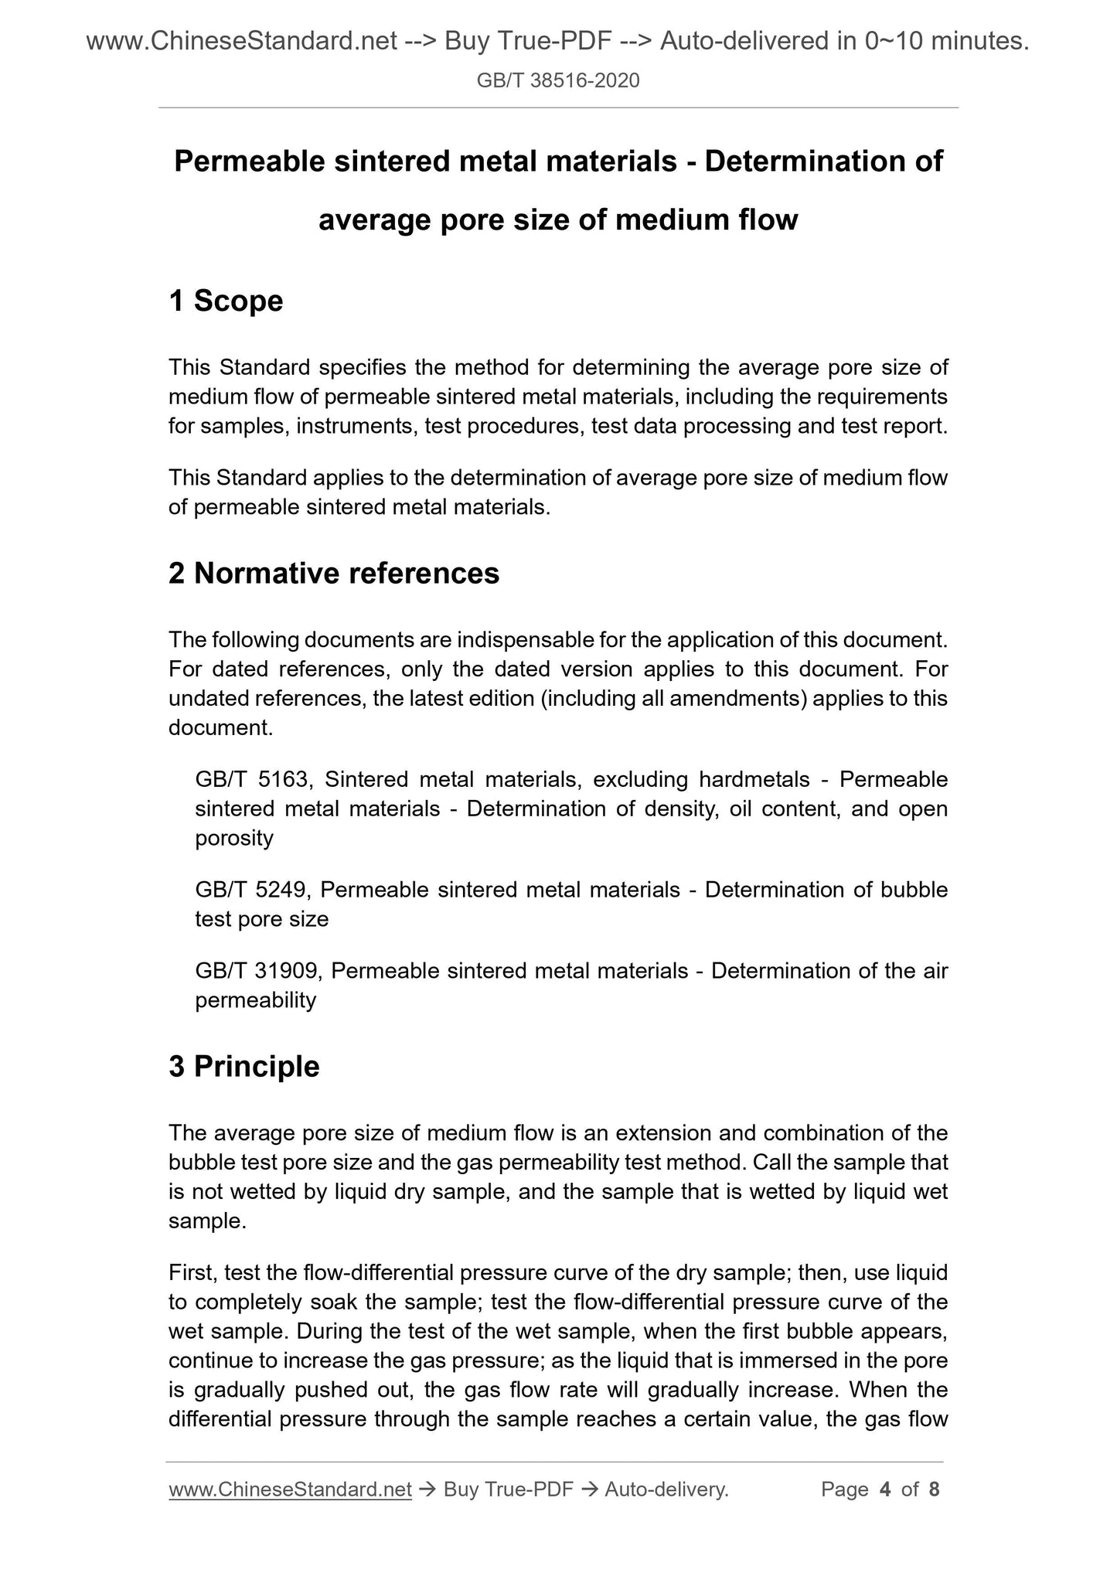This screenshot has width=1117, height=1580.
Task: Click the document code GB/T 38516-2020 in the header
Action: (558, 80)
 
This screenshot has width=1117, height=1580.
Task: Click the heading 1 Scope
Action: (226, 301)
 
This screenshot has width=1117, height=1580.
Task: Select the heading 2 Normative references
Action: (334, 574)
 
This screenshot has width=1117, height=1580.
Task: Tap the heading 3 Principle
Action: (243, 1066)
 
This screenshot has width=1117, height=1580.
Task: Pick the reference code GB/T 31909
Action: (256, 970)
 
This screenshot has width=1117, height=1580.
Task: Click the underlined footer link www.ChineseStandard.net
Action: (290, 1490)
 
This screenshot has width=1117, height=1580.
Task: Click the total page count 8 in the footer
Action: (934, 1490)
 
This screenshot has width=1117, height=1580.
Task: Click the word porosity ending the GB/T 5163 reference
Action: (234, 838)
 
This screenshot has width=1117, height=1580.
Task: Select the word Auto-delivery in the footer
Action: (666, 1490)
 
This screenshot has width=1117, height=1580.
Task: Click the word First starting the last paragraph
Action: (190, 1272)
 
